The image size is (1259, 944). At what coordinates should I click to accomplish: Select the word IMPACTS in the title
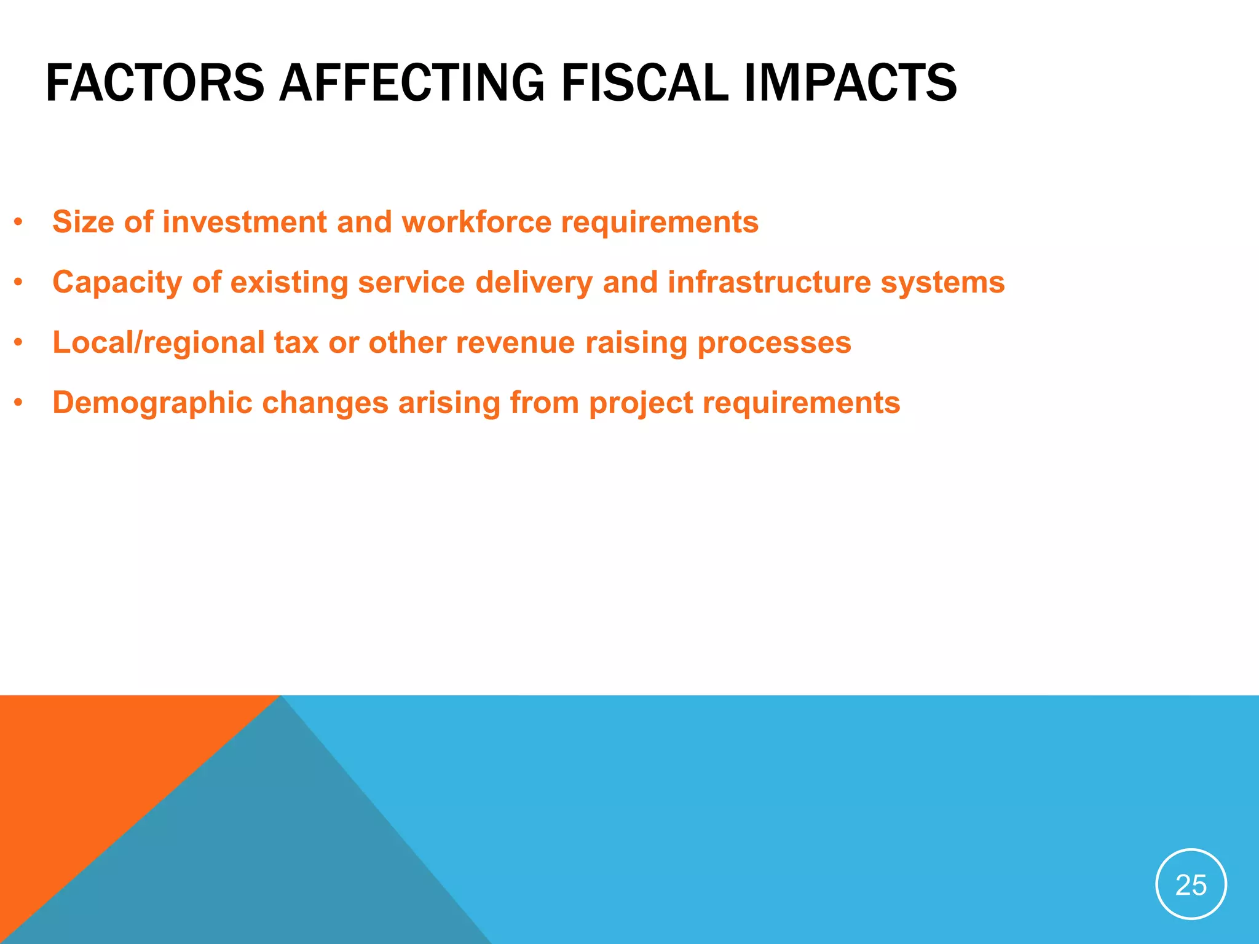pyautogui.click(x=850, y=83)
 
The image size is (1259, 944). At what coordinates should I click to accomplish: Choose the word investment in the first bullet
pyautogui.click(x=244, y=222)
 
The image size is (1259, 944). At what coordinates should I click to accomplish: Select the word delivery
pyautogui.click(x=534, y=283)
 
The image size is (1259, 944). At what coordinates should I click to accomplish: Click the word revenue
pyautogui.click(x=515, y=342)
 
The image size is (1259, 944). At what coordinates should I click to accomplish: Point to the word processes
pyautogui.click(x=774, y=343)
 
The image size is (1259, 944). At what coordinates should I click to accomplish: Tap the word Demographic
pyautogui.click(x=152, y=403)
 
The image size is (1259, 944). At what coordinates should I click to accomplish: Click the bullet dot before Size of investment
pyautogui.click(x=19, y=222)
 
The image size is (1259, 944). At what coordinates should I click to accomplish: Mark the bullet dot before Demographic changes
pyautogui.click(x=19, y=403)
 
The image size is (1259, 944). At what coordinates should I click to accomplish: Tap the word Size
pyautogui.click(x=84, y=222)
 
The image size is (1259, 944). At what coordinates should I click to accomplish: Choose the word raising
pyautogui.click(x=636, y=343)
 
